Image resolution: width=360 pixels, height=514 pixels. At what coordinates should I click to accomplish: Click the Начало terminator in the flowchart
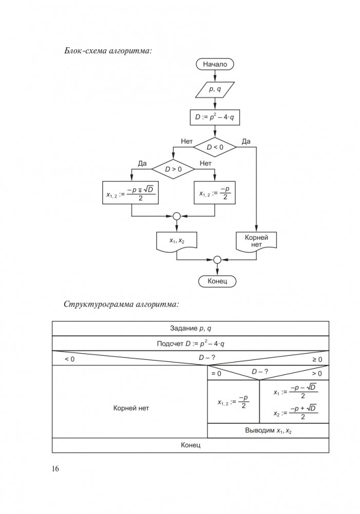[215, 65]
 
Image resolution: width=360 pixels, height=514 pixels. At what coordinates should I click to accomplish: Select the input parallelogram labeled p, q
[215, 90]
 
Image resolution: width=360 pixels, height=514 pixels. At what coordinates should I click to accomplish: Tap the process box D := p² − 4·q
[215, 118]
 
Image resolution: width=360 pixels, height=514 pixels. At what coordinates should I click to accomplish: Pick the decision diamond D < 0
[215, 147]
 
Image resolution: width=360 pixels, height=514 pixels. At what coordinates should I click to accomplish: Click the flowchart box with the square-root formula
[132, 194]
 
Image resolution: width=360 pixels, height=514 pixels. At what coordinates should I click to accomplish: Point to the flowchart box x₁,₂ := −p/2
[214, 194]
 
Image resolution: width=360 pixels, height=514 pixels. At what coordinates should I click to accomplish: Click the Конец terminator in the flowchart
[217, 281]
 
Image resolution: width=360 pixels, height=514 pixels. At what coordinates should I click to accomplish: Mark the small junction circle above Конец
[217, 259]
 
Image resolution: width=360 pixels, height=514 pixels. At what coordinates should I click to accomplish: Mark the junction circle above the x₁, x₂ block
[176, 216]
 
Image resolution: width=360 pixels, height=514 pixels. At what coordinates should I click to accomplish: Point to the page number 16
[55, 469]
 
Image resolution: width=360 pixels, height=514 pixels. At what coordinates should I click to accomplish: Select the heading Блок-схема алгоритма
[109, 50]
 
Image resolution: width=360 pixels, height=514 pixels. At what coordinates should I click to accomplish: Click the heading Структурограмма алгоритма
[121, 304]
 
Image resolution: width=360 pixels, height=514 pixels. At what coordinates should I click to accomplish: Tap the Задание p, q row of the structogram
[191, 329]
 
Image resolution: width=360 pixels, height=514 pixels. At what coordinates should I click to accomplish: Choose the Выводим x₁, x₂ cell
[268, 431]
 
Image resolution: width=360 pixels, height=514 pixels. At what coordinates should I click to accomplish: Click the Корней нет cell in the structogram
[130, 408]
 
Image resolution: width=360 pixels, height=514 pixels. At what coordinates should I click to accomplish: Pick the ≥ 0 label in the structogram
[317, 359]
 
